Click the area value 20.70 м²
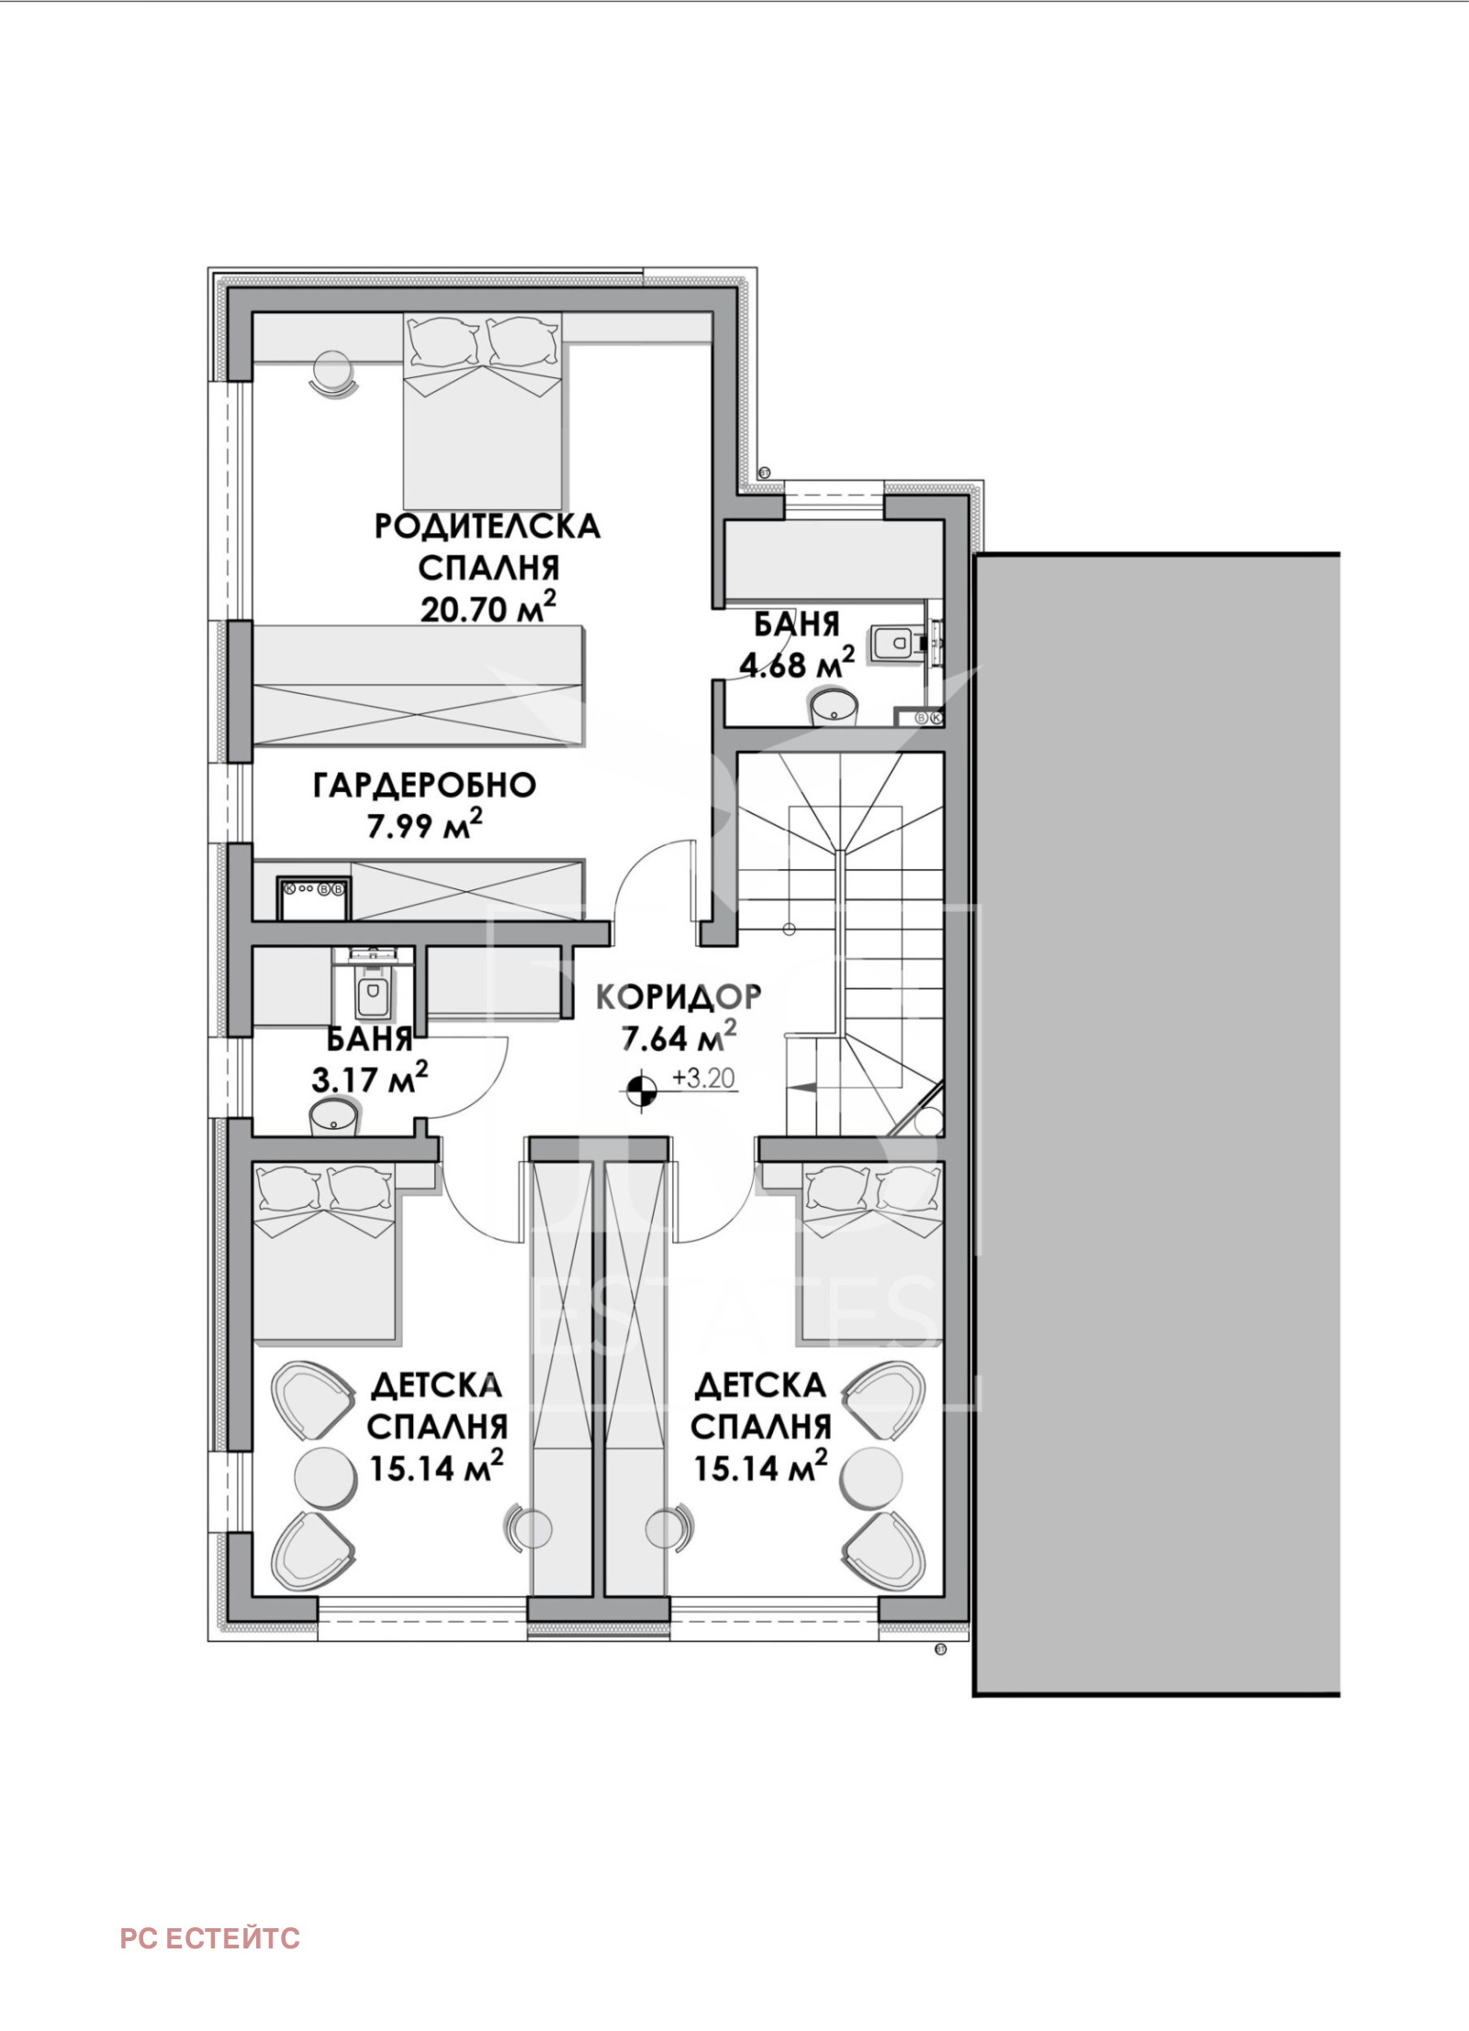point(488,607)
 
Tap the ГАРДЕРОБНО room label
point(425,786)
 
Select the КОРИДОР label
point(678,996)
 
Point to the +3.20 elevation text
point(704,1077)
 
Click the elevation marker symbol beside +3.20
point(642,1089)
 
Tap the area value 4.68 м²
point(798,663)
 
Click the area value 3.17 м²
point(370,1077)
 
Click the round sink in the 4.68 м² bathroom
point(834,707)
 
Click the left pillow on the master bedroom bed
point(445,342)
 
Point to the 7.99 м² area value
point(425,826)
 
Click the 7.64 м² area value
point(678,1038)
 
